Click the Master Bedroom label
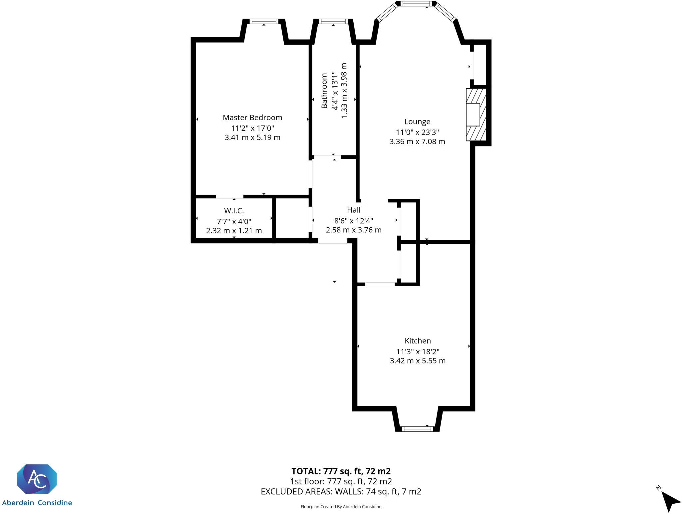[252, 118]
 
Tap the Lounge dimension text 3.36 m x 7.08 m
[417, 141]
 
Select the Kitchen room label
[418, 341]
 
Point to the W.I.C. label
[234, 211]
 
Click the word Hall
[354, 210]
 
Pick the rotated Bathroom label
[324, 91]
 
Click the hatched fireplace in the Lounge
[476, 114]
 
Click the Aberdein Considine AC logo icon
[37, 479]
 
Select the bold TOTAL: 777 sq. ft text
[341, 471]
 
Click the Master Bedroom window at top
[264, 21]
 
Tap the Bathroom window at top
[333, 21]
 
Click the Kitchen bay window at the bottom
[417, 429]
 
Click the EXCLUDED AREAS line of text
[341, 491]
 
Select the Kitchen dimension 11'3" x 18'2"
[418, 352]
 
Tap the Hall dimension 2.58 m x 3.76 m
[354, 230]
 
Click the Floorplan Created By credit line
[341, 507]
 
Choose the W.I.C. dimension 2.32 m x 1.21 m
[234, 230]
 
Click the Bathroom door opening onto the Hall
[327, 157]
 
